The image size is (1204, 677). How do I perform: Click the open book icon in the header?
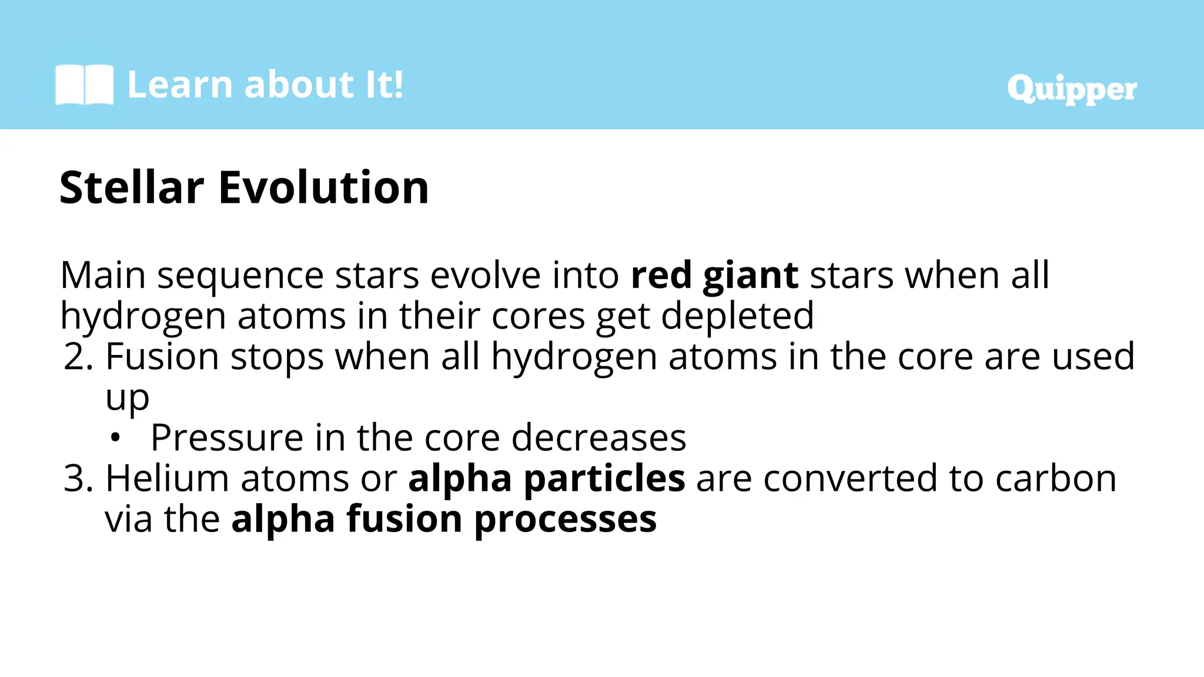click(x=84, y=85)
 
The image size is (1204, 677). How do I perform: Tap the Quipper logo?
click(x=1072, y=89)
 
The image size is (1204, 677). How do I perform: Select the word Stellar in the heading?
click(x=132, y=187)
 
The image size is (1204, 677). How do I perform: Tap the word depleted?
click(x=737, y=316)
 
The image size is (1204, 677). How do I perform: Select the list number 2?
click(x=78, y=357)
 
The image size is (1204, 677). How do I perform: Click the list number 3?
click(x=78, y=478)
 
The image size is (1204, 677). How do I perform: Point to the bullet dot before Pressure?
click(x=115, y=438)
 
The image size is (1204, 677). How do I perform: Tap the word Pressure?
click(x=227, y=438)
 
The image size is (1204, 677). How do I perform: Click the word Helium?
click(x=167, y=478)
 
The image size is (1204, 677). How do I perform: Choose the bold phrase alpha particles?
click(x=546, y=478)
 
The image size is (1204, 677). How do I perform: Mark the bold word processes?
click(x=565, y=520)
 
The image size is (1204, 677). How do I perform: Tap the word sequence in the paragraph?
click(x=240, y=276)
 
